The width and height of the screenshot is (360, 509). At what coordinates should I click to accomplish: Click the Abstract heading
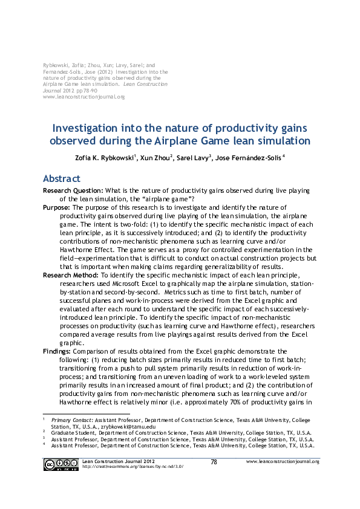pyautogui.click(x=61, y=179)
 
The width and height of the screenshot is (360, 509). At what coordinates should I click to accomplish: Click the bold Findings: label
pyautogui.click(x=59, y=351)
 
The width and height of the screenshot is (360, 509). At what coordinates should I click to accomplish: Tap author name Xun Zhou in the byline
pyautogui.click(x=155, y=158)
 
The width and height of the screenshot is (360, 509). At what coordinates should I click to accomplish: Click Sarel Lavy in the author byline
pyautogui.click(x=192, y=158)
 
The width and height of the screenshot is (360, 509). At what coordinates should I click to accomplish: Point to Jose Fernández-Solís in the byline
pyautogui.click(x=248, y=158)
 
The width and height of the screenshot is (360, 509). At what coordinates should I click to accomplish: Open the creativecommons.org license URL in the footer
pyautogui.click(x=132, y=467)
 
